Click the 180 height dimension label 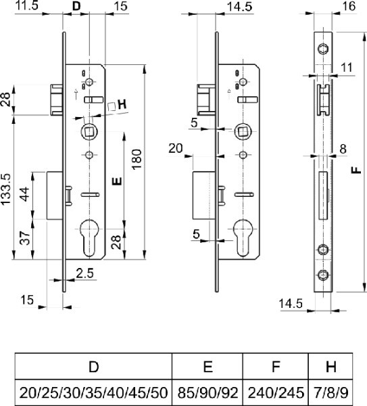tap(137, 159)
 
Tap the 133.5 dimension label tap(5, 189)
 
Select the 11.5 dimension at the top tap(27, 5)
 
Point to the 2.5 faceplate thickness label tap(85, 273)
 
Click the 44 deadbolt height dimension tap(26, 194)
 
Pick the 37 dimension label tap(26, 238)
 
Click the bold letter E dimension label tap(117, 181)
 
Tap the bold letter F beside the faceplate tap(356, 170)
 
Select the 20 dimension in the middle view tap(176, 148)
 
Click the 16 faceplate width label tap(349, 6)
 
